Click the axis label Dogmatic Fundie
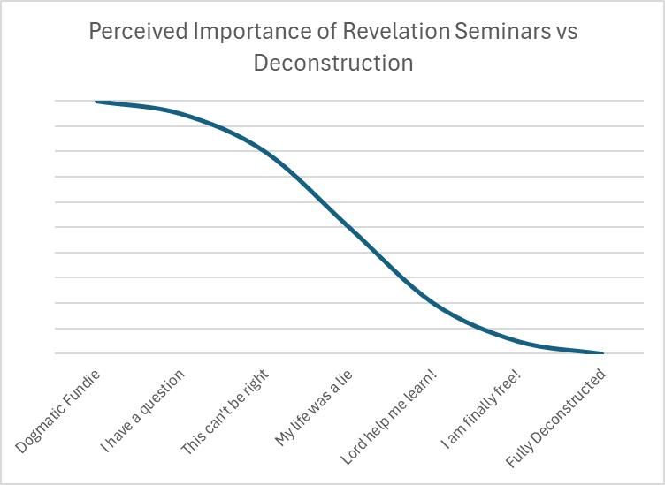click(58, 411)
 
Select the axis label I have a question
click(142, 411)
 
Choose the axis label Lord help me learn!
click(389, 416)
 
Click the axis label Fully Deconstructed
click(556, 418)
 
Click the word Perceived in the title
click(137, 33)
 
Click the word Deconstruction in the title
click(332, 63)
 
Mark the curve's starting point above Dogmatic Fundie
click(96, 102)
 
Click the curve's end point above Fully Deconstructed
click(602, 353)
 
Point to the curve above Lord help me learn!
click(433, 302)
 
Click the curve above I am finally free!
click(518, 341)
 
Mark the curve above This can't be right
click(264, 151)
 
